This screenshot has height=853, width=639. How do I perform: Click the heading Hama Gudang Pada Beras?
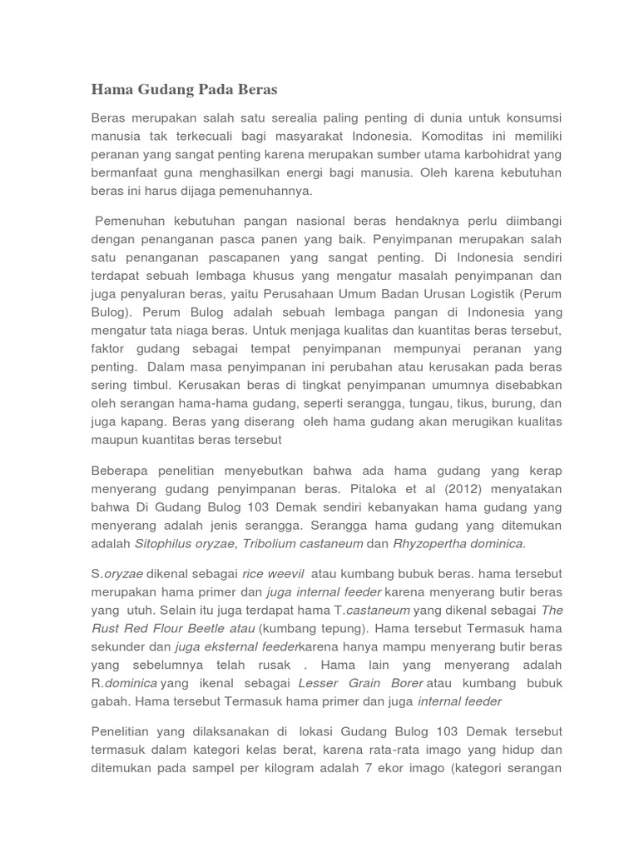click(x=184, y=89)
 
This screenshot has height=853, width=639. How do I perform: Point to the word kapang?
click(x=141, y=421)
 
